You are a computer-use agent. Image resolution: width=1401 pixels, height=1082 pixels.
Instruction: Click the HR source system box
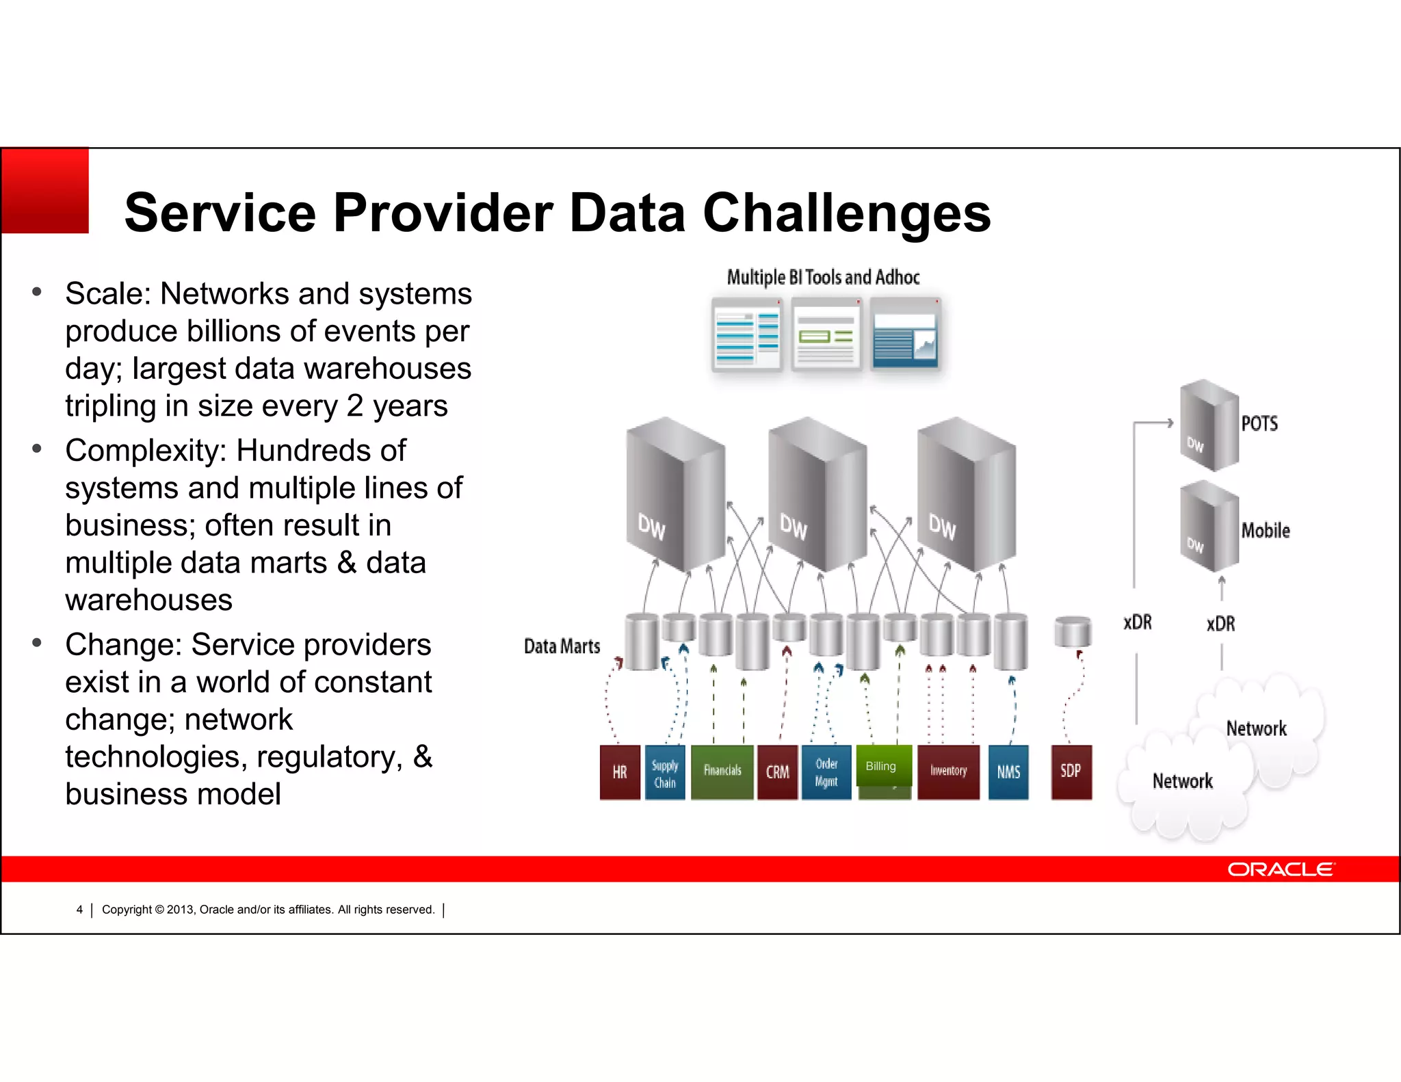tap(620, 772)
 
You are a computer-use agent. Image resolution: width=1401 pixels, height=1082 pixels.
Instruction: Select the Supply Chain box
tap(664, 773)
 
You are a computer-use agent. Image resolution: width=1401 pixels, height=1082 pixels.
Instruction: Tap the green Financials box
tap(722, 772)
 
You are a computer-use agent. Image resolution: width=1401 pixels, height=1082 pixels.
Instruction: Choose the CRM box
tap(777, 772)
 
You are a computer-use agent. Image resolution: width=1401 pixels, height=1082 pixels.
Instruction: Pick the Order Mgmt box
tap(826, 772)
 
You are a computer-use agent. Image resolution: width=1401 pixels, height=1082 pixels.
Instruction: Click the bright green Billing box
tap(883, 766)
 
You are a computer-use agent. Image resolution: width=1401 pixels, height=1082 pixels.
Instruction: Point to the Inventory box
tap(948, 772)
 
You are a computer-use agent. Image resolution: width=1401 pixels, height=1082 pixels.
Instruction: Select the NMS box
tap(1008, 772)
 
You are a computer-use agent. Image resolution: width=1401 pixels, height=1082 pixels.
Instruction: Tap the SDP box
tap(1071, 772)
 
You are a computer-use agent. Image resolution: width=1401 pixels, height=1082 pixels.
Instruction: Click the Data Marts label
tap(562, 646)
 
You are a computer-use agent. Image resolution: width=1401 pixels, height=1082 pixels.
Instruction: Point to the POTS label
tap(1259, 423)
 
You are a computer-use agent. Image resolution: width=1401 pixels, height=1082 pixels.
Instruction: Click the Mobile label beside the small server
tap(1266, 531)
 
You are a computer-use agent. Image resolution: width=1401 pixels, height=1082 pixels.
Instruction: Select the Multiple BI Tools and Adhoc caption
tap(823, 277)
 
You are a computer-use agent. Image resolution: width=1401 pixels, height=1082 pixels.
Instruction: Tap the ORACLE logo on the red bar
tap(1280, 869)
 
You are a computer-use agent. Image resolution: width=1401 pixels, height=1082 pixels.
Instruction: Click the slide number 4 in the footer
tap(79, 910)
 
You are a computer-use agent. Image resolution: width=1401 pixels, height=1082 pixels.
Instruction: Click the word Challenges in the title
tap(846, 213)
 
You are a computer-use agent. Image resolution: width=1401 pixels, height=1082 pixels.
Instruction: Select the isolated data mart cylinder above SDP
tap(1072, 631)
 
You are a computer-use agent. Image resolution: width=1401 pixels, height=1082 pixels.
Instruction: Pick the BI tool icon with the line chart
tap(905, 334)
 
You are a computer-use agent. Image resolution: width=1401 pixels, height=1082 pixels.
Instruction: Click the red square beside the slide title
tap(45, 191)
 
